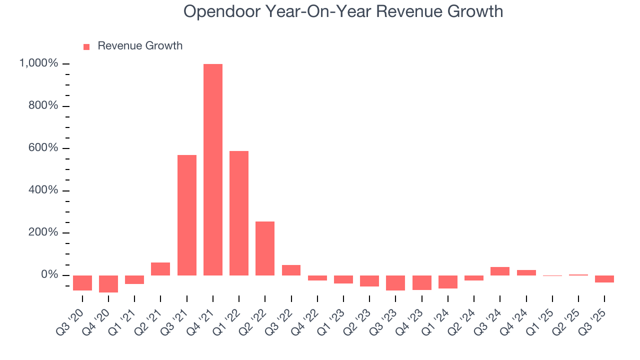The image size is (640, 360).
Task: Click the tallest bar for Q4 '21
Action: tap(213, 170)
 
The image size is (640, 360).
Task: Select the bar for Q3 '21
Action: tap(187, 215)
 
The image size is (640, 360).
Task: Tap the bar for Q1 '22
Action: tap(239, 213)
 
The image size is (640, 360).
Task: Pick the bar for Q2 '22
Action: tap(265, 248)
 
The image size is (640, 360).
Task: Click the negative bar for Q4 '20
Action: tap(108, 283)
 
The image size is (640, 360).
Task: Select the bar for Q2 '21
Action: tap(160, 269)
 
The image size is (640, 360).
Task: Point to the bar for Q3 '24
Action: tap(500, 271)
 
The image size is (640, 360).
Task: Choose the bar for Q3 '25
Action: tap(604, 279)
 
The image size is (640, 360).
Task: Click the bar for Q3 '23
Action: tap(395, 282)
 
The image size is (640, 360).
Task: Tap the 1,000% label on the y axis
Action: tap(38, 63)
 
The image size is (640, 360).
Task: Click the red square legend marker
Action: tap(86, 46)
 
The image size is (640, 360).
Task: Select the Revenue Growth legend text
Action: tap(140, 46)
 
